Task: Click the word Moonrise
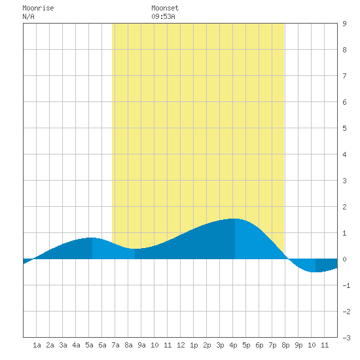(x=38, y=8)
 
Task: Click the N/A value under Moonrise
(x=28, y=16)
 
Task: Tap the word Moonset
(x=165, y=8)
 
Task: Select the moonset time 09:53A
(x=163, y=16)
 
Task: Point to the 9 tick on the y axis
(x=344, y=24)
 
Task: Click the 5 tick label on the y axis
(x=344, y=128)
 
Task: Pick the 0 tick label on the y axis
(x=344, y=259)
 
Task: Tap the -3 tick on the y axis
(x=346, y=338)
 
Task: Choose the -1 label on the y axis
(x=346, y=285)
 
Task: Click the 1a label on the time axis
(x=37, y=345)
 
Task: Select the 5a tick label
(x=89, y=345)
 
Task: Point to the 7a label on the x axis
(x=115, y=345)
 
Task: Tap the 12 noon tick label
(x=181, y=345)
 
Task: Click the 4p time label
(x=233, y=345)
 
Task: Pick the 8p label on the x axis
(x=285, y=345)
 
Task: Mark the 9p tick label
(x=298, y=345)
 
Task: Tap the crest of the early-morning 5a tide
(x=92, y=238)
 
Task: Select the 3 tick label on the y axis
(x=344, y=181)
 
